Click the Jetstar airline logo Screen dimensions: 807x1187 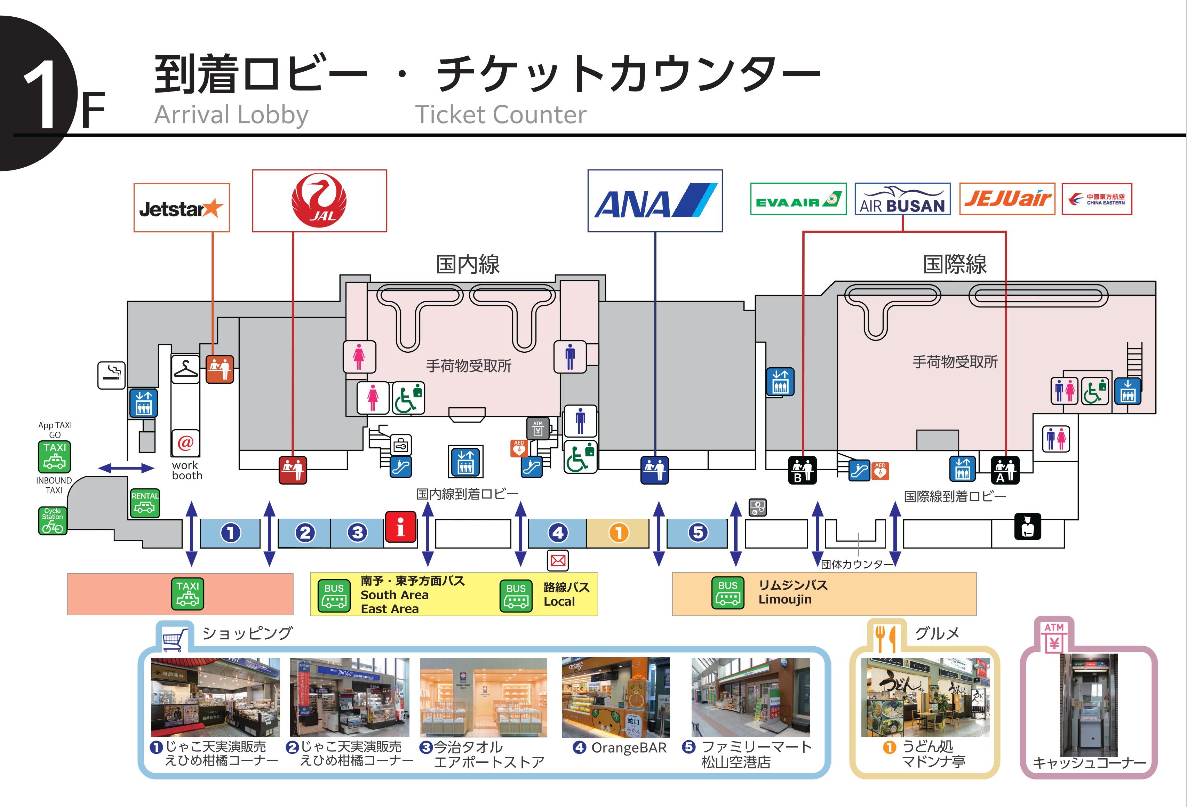[x=181, y=208]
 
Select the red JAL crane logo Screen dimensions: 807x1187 [x=319, y=201]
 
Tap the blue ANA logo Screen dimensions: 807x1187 [x=655, y=201]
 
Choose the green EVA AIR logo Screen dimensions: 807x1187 [x=798, y=199]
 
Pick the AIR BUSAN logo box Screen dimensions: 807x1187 [x=902, y=199]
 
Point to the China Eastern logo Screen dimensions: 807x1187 [x=1097, y=199]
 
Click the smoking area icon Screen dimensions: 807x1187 [x=111, y=375]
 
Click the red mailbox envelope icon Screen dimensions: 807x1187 [x=558, y=560]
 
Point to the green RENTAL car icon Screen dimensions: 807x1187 [x=145, y=503]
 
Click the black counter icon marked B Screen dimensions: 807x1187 [x=802, y=470]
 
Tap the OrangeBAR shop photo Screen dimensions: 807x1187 [x=615, y=697]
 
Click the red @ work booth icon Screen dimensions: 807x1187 [x=185, y=443]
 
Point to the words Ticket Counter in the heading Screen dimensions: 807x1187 [x=501, y=114]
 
